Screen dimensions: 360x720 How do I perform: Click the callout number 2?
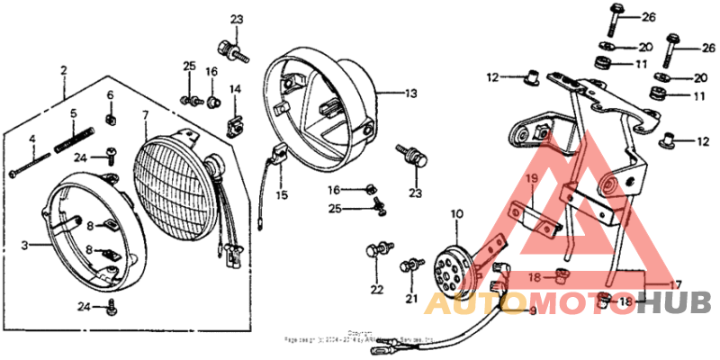pos(64,69)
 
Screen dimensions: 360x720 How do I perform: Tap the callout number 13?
pos(410,93)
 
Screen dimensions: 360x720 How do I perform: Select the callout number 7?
pos(144,114)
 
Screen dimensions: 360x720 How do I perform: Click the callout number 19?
pos(531,178)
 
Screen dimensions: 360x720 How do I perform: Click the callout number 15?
pos(282,194)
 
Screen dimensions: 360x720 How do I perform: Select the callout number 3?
pos(26,244)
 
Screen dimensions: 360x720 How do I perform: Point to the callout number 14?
pos(235,88)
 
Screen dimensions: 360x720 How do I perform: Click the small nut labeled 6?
pos(111,115)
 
